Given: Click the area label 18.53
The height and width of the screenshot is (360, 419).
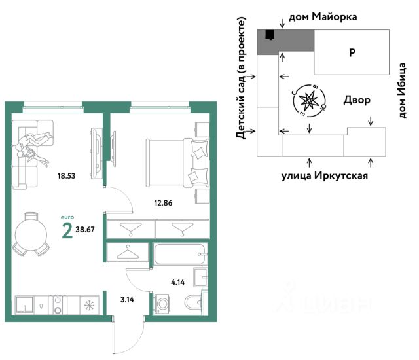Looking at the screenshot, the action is (66, 176).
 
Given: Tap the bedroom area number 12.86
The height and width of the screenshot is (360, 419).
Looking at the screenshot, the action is (163, 203).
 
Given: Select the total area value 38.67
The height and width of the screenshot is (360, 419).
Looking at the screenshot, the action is (85, 230).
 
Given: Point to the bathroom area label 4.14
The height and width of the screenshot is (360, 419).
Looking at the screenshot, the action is (177, 282).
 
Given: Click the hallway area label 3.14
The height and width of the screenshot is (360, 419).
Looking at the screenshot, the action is (127, 300).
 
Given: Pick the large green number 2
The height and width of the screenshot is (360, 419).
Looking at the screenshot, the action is (67, 230).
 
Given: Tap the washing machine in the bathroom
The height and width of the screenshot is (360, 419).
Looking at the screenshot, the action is (162, 304).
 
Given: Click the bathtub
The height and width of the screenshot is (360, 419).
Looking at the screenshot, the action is (180, 254).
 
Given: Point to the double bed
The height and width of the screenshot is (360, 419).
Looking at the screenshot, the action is (177, 162).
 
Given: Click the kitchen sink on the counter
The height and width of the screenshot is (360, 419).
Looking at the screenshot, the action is (24, 305).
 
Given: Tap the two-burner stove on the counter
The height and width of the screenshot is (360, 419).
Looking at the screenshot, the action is (58, 305).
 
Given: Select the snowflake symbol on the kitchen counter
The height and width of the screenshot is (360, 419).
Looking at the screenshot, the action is (89, 305).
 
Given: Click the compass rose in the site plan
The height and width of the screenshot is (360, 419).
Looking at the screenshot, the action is (309, 101).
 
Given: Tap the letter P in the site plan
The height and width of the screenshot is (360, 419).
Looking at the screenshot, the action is (352, 52).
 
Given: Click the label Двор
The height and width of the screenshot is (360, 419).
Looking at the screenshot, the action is (357, 100).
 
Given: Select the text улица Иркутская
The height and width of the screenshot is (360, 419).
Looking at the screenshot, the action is (325, 175).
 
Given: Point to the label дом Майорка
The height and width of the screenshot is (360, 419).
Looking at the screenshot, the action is (323, 17).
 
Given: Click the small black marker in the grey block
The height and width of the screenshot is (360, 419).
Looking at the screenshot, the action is (270, 35).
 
